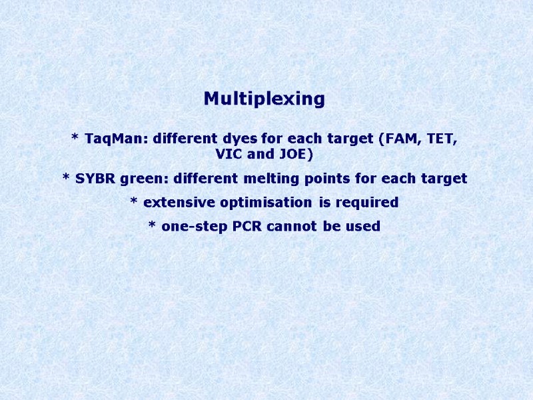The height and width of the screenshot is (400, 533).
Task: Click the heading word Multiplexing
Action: click(x=265, y=99)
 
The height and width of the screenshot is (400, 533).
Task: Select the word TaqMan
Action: click(x=117, y=139)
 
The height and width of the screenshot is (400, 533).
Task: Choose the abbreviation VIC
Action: click(x=231, y=155)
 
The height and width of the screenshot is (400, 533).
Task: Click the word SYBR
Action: click(x=96, y=179)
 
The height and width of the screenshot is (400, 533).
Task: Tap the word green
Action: click(x=144, y=179)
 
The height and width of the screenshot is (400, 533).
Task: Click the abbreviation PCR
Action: click(x=247, y=226)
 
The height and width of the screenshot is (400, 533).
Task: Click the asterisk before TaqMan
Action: click(x=75, y=138)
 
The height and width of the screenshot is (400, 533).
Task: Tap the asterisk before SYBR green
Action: click(x=66, y=177)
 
